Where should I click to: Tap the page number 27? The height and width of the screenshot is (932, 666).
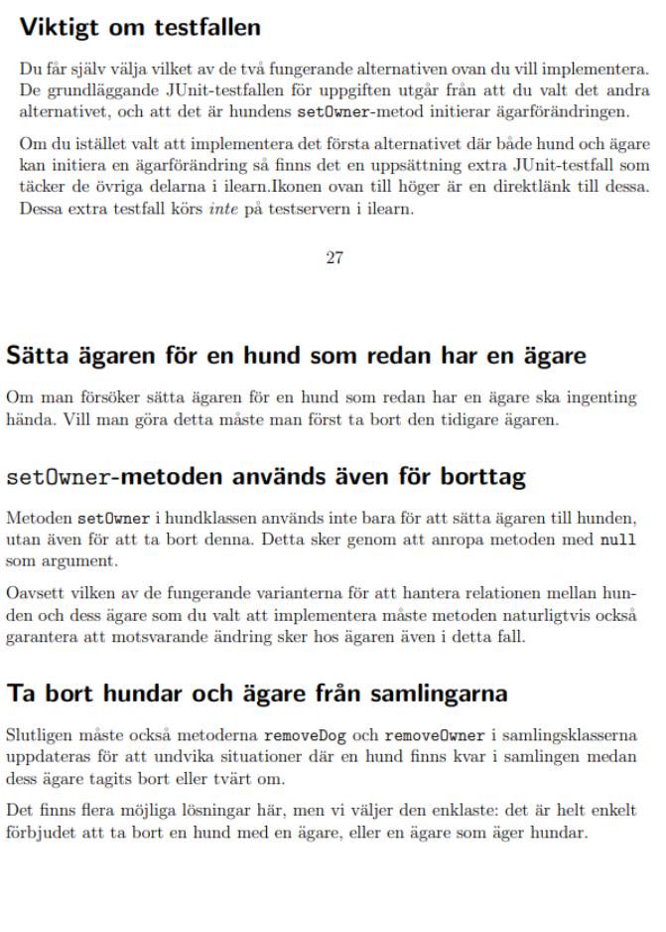click(334, 258)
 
